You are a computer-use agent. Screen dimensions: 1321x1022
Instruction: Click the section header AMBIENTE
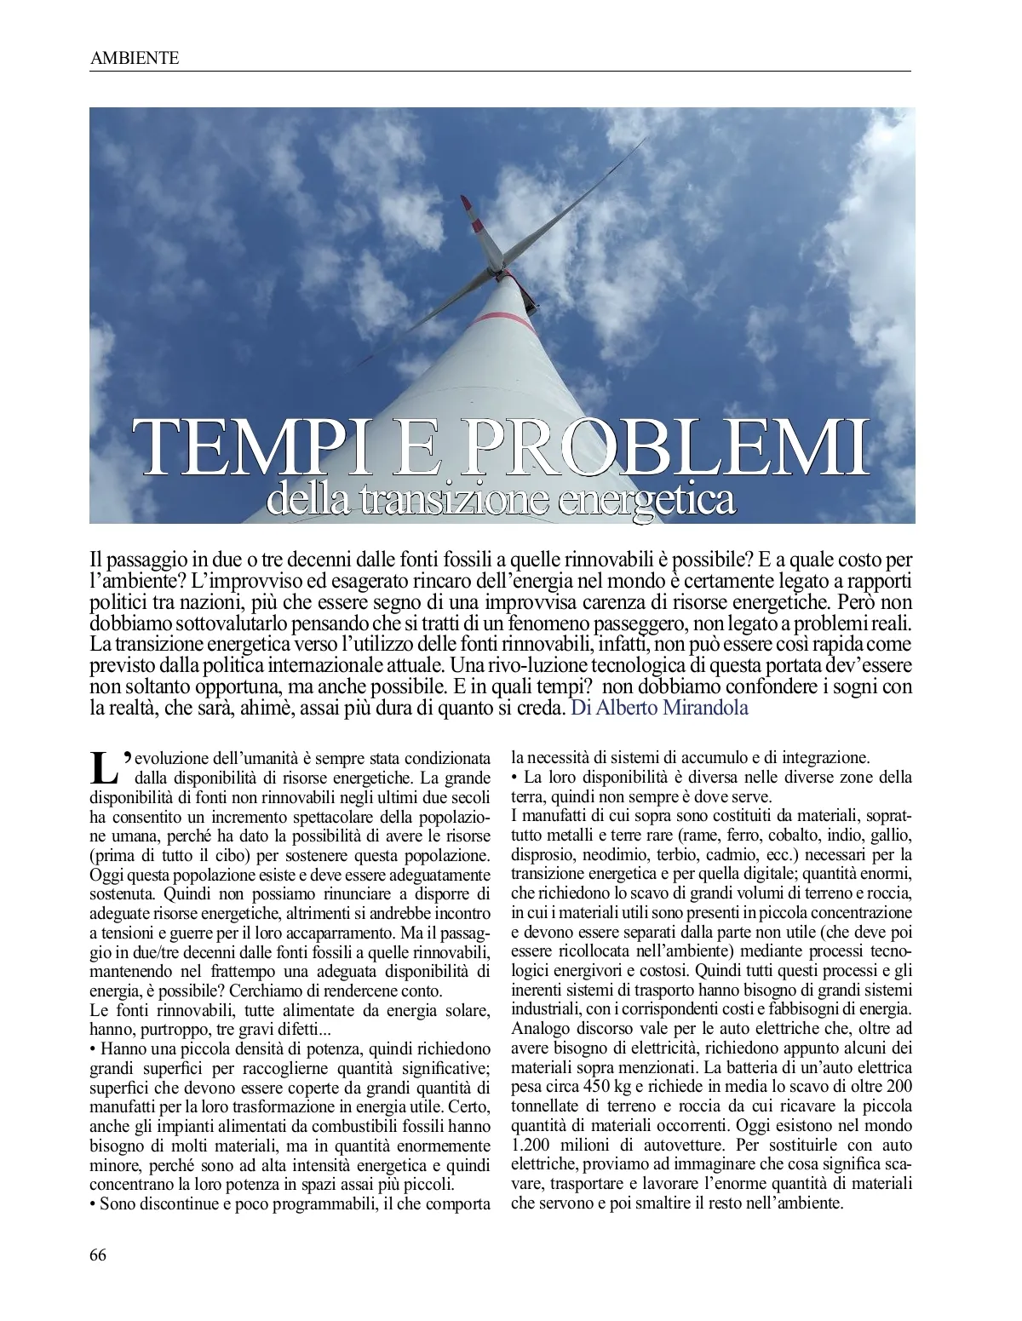point(134,58)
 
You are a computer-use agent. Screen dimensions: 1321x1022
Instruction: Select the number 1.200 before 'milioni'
point(534,1143)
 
